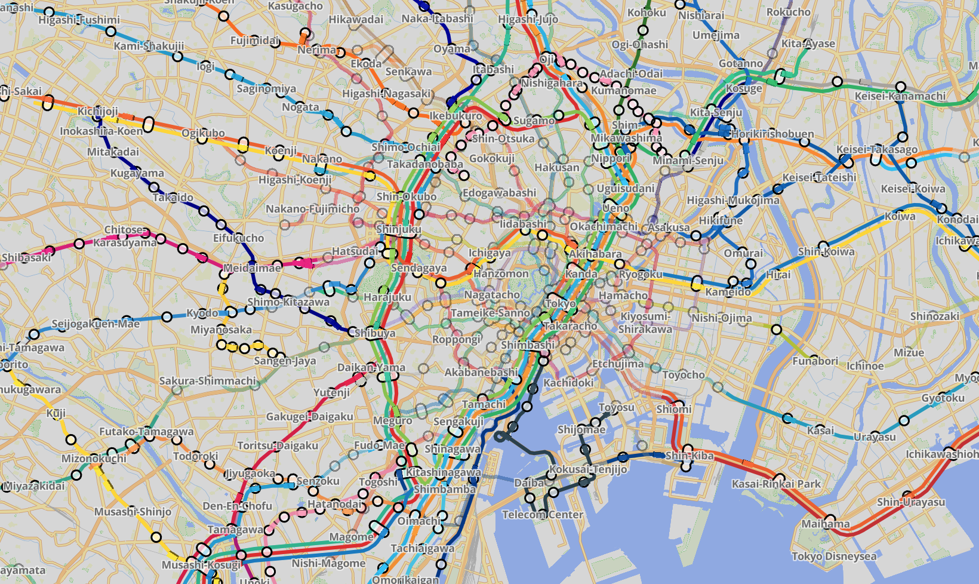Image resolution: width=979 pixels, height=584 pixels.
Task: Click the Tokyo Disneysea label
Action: point(834,557)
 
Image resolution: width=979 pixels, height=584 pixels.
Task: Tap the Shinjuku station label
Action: point(399,229)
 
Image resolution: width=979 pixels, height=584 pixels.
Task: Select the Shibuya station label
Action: point(375,333)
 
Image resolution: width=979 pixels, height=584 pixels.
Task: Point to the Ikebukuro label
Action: point(455,116)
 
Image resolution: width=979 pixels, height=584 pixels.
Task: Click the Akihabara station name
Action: point(595,253)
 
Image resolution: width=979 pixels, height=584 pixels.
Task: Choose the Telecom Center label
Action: point(542,514)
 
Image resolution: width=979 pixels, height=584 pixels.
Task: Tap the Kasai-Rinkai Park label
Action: point(776,484)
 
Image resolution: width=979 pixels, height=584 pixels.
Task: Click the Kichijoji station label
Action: point(98,112)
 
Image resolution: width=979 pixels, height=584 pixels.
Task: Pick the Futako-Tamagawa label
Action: point(146,431)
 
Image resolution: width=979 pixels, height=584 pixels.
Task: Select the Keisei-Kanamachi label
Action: point(900,96)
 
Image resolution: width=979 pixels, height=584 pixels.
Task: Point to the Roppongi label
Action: point(457,339)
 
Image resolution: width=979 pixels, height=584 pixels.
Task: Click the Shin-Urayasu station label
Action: point(911,502)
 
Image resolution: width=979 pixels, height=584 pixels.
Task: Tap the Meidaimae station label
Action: point(252,268)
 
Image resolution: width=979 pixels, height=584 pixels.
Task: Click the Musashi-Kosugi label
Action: point(201,564)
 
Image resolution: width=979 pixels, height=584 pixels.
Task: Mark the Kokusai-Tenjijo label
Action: point(588,469)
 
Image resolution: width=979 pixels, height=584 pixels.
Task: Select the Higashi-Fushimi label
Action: point(79,20)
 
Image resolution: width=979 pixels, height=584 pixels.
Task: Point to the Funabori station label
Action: point(815,361)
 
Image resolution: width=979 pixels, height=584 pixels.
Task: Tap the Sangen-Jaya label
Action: point(285,361)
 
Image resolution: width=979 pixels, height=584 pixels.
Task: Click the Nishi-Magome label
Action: point(328,563)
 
